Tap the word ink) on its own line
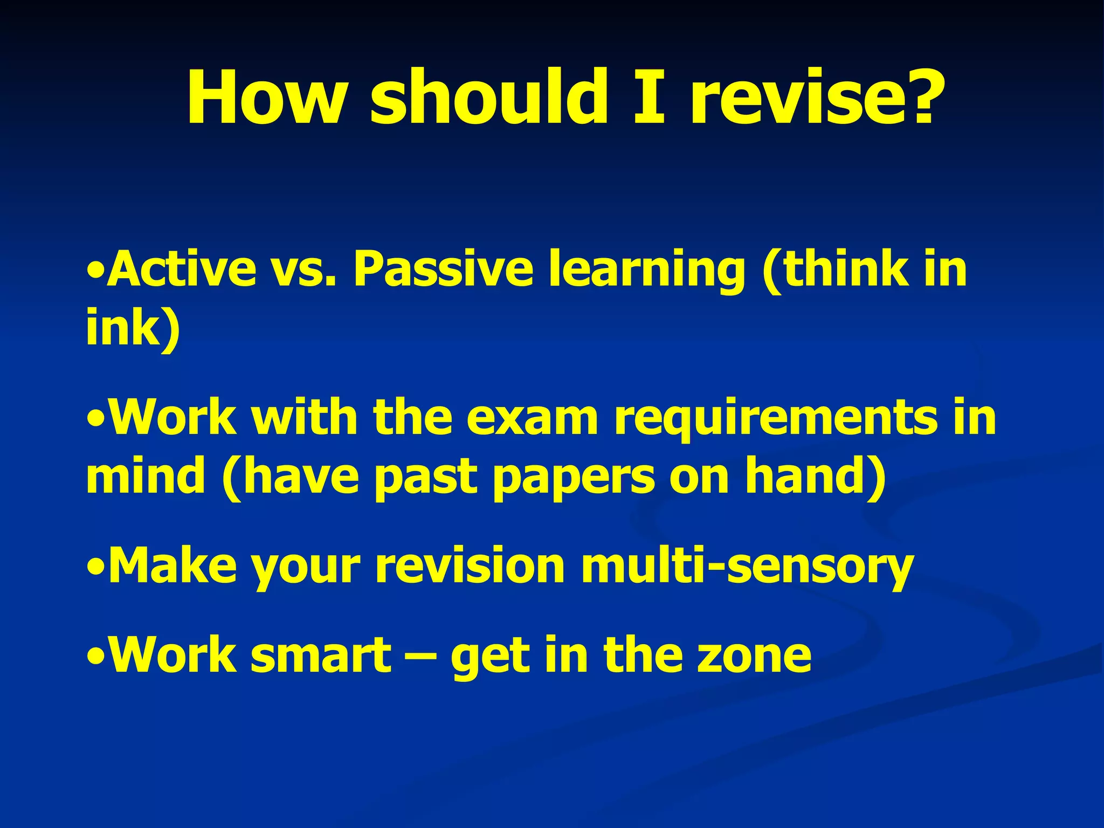(133, 327)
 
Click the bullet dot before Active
(95, 270)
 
